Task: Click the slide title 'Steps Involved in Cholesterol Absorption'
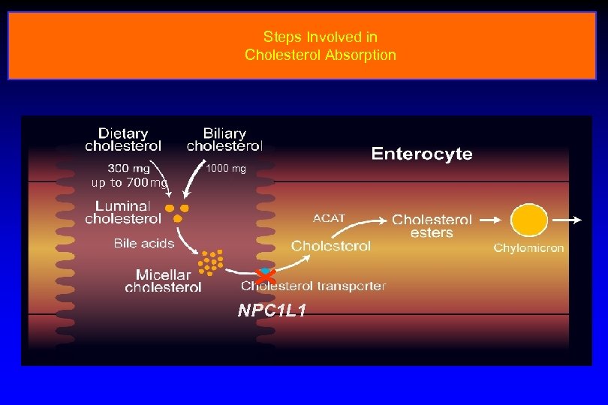pyautogui.click(x=320, y=46)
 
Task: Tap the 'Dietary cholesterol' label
pyautogui.click(x=122, y=139)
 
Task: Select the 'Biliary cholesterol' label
pyautogui.click(x=224, y=139)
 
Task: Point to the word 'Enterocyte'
pyautogui.click(x=422, y=154)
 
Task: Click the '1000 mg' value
pyautogui.click(x=226, y=169)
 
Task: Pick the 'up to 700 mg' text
pyautogui.click(x=129, y=183)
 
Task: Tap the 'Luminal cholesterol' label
pyautogui.click(x=123, y=212)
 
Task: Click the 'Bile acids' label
pyautogui.click(x=144, y=243)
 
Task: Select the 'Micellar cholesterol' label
pyautogui.click(x=163, y=280)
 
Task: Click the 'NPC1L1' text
pyautogui.click(x=272, y=310)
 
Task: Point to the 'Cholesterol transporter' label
pyautogui.click(x=314, y=286)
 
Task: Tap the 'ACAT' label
pyautogui.click(x=329, y=218)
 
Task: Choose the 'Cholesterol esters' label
pyautogui.click(x=432, y=226)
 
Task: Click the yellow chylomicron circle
pyautogui.click(x=529, y=221)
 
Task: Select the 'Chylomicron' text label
pyautogui.click(x=528, y=248)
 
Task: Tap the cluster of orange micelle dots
pyautogui.click(x=211, y=262)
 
